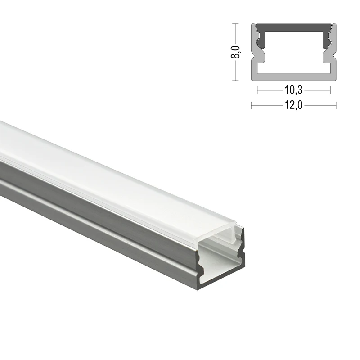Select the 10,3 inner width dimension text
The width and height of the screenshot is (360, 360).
coord(293,90)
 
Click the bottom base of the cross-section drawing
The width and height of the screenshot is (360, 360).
coord(293,77)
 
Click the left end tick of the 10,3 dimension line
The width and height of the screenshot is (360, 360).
coord(257,90)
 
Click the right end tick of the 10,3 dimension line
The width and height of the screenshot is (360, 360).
coord(330,90)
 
